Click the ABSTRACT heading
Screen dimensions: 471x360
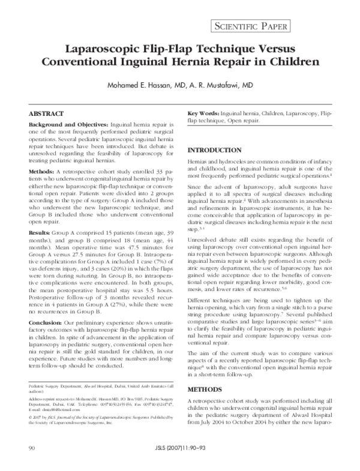[x=48, y=113]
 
